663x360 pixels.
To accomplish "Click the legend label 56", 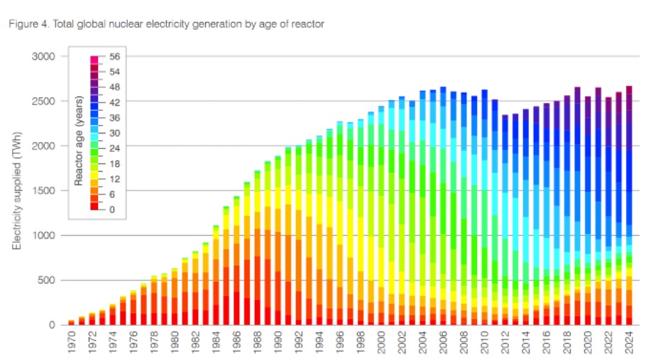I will point(116,56).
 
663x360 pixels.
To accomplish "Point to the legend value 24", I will point(116,148).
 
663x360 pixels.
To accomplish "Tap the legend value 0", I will point(112,209).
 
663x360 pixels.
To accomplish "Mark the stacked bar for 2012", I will point(505,220).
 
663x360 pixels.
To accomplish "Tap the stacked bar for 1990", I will point(278,241).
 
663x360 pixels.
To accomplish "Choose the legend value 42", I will point(116,102).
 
